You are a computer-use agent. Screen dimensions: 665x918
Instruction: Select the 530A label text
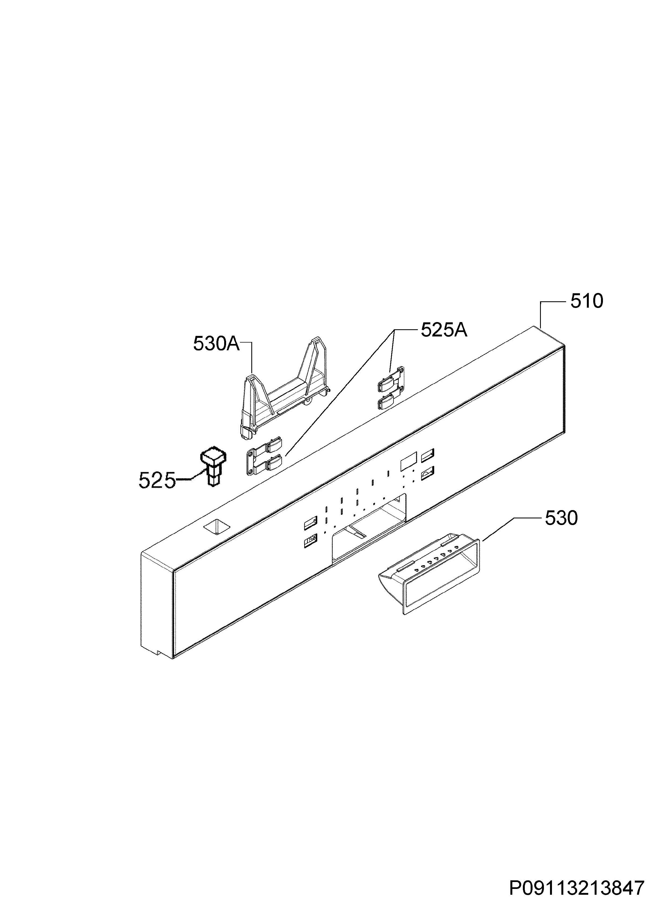click(x=217, y=344)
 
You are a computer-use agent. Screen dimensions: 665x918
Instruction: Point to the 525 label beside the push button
click(x=157, y=481)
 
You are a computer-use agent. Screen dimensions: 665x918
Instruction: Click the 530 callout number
click(x=561, y=518)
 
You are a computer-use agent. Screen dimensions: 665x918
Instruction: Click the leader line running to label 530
click(x=498, y=529)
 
